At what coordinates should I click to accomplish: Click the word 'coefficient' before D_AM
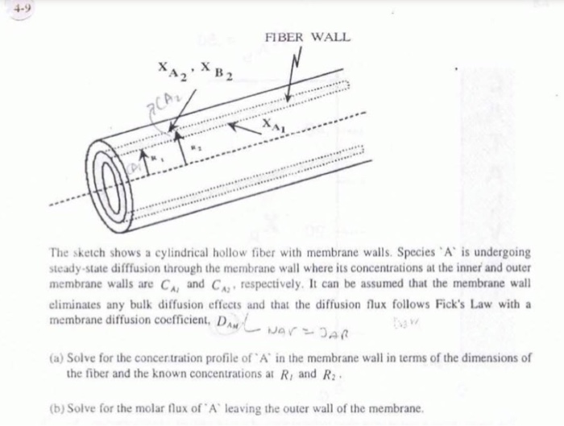pos(179,318)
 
